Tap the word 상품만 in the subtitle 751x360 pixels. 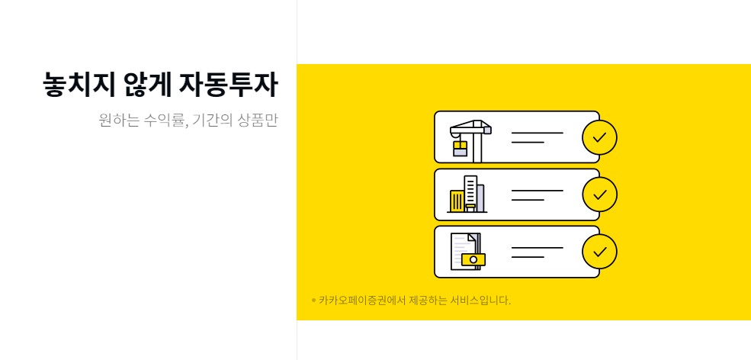click(x=258, y=121)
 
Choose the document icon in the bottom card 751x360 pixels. click(x=467, y=251)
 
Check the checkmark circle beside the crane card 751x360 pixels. click(x=599, y=137)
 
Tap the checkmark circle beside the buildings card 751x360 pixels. click(x=599, y=194)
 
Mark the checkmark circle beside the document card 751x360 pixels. click(x=599, y=251)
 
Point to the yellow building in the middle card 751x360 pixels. click(x=457, y=201)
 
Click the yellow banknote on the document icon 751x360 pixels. click(x=473, y=259)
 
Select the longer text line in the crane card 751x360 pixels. click(x=537, y=133)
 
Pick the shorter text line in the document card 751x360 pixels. click(x=527, y=257)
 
